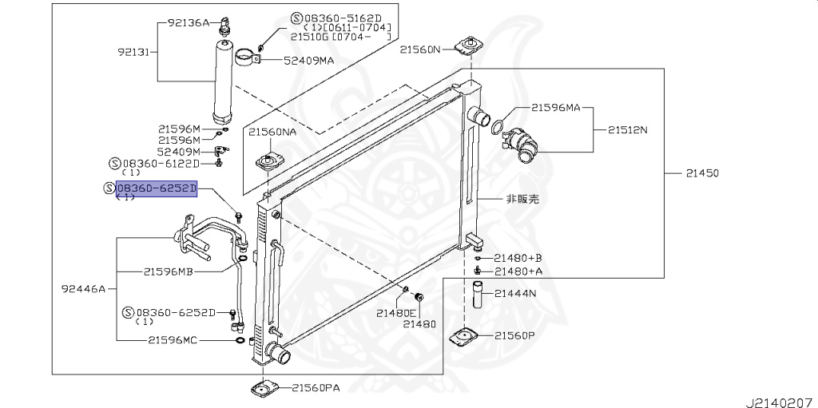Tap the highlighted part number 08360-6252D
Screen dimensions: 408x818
157,188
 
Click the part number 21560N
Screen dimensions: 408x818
420,50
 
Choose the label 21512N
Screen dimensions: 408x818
628,129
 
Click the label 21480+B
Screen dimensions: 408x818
518,258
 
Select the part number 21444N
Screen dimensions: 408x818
514,294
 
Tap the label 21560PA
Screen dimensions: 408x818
315,389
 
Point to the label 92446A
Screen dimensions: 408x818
83,288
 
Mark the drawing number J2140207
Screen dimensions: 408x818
779,397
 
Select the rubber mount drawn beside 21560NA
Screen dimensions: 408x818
268,164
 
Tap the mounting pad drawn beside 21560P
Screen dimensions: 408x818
465,339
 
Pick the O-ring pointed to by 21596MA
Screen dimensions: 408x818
497,126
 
